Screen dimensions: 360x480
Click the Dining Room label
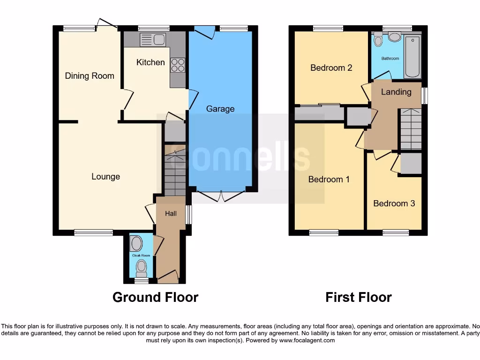90,76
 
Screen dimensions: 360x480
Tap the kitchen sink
152,40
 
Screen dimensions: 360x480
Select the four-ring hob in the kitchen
178,65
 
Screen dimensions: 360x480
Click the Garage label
220,109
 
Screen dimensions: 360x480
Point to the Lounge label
105,177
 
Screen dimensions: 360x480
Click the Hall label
171,213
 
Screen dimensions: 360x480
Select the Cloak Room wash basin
137,244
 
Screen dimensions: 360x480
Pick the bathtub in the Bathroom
412,56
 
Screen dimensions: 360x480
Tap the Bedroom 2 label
331,68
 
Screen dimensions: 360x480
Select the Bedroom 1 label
329,180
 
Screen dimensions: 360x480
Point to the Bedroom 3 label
394,203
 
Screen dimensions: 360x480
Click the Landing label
396,92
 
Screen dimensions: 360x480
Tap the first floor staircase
410,129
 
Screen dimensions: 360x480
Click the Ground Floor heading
155,297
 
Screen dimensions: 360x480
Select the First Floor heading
359,297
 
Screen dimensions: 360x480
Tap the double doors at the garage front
221,196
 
